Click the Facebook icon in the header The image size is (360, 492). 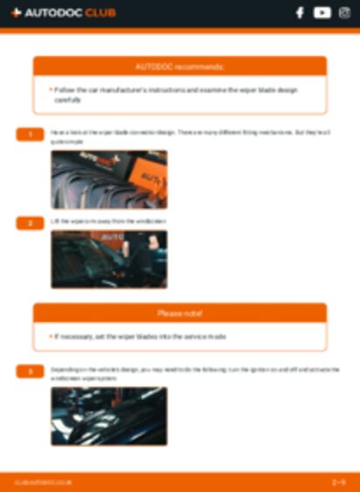tap(300, 13)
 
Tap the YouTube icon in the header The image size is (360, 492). tap(322, 13)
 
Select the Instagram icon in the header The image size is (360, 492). tap(343, 13)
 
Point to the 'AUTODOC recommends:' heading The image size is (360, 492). tap(180, 66)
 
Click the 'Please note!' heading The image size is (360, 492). tap(180, 313)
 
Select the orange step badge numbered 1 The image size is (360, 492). tap(30, 134)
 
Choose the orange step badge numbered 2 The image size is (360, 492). tap(30, 223)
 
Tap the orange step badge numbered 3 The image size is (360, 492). tap(30, 371)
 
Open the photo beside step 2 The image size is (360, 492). tap(108, 259)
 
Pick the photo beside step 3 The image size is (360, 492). tap(108, 416)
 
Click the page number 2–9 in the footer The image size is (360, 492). tap(339, 482)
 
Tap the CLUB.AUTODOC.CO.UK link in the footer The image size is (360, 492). tap(44, 482)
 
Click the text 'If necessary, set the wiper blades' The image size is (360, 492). tap(140, 336)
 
